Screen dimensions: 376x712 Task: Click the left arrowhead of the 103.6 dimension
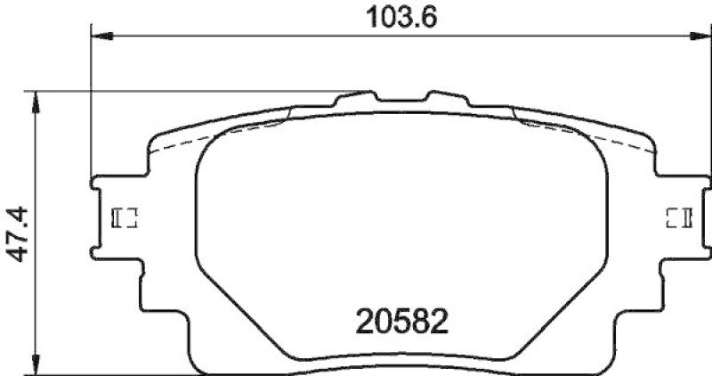[100, 36]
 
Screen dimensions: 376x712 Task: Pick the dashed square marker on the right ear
[679, 217]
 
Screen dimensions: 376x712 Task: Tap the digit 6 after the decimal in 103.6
[433, 17]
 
